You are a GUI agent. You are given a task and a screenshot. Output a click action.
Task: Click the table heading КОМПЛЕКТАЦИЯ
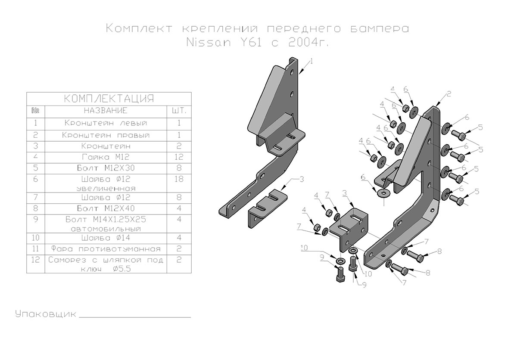[x=108, y=99]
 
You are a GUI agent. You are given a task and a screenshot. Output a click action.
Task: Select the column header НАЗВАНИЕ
[x=106, y=111]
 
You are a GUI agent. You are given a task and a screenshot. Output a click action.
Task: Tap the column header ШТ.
[x=179, y=111]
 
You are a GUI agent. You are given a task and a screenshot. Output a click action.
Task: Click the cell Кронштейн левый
[x=106, y=123]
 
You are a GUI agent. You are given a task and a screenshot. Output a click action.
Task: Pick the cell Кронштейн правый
[x=106, y=135]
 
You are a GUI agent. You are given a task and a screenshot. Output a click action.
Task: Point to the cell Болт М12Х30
[x=106, y=167]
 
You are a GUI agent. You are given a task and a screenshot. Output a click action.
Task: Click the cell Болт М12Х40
[x=106, y=208]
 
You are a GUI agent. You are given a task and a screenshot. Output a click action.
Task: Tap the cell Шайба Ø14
[x=106, y=237]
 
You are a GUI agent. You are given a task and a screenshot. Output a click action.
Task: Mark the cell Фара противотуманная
[x=106, y=249]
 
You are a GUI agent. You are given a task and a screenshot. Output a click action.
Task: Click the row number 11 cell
[x=36, y=249]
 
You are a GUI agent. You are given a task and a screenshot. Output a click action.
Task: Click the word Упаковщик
[x=45, y=313]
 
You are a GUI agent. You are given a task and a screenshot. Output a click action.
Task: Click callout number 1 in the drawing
[x=311, y=62]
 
